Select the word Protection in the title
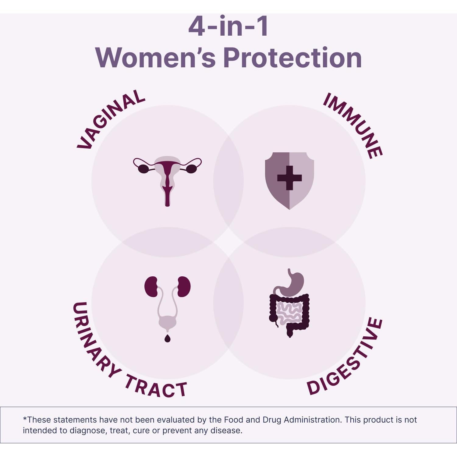(292, 58)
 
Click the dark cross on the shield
(289, 178)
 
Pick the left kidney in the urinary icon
(151, 287)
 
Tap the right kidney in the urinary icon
(184, 287)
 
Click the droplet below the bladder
(167, 338)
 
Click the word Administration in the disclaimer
(312, 420)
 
